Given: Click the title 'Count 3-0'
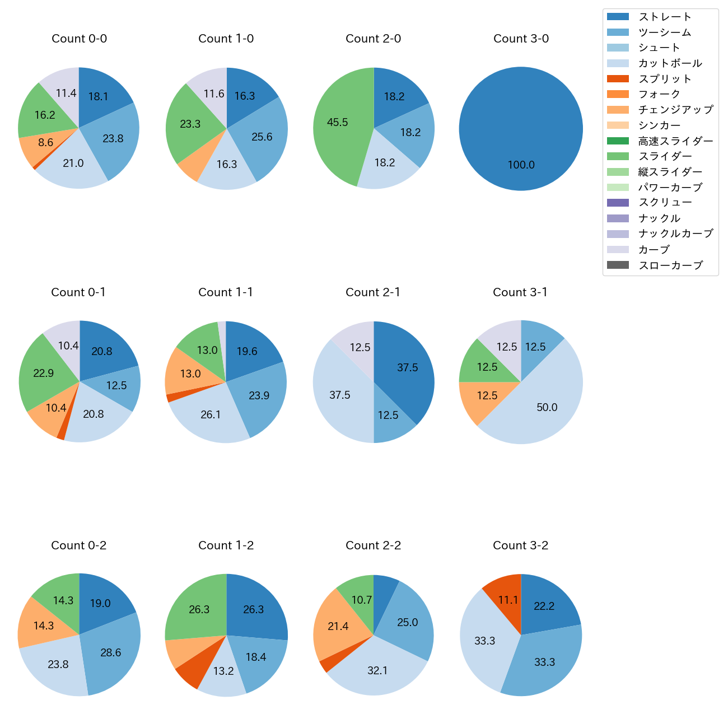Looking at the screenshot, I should pos(521,39).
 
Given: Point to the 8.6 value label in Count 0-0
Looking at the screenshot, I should pos(46,143).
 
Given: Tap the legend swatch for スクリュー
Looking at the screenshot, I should pos(618,203).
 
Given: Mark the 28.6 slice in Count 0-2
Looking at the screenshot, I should pos(111,652).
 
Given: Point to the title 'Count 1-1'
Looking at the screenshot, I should pos(226,292).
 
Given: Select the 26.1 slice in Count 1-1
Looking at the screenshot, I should pos(211,414).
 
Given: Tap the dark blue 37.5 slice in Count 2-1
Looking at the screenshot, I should pos(407,368).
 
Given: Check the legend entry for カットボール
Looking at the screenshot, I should pos(670,63).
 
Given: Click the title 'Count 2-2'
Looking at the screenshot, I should pos(374,545).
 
